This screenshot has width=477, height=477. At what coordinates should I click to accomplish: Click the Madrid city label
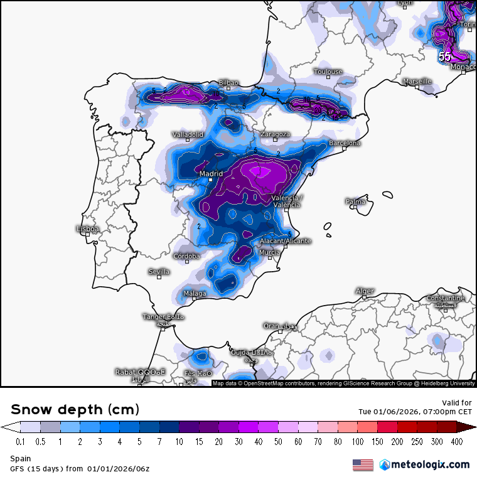pyautogui.click(x=211, y=174)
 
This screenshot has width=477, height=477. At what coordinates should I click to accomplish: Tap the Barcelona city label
pyautogui.click(x=345, y=143)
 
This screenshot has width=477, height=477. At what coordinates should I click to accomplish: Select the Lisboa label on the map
pyautogui.click(x=87, y=229)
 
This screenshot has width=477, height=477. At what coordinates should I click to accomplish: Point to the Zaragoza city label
pyautogui.click(x=275, y=134)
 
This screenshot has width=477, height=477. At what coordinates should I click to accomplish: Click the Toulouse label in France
pyautogui.click(x=328, y=72)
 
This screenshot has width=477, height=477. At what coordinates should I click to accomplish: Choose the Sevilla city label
pyautogui.click(x=159, y=272)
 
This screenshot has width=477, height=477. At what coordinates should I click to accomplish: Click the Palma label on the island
pyautogui.click(x=355, y=201)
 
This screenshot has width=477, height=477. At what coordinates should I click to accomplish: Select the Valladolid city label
pyautogui.click(x=188, y=134)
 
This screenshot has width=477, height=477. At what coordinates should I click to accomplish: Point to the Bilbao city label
pyautogui.click(x=228, y=83)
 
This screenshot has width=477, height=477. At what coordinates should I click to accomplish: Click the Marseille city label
pyautogui.click(x=417, y=82)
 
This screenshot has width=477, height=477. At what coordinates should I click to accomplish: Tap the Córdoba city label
pyautogui.click(x=187, y=256)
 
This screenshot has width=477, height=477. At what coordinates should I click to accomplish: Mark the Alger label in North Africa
pyautogui.click(x=365, y=291)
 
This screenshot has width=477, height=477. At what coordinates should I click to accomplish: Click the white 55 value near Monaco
pyautogui.click(x=444, y=56)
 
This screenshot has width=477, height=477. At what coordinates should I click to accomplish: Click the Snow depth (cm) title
pyautogui.click(x=75, y=409)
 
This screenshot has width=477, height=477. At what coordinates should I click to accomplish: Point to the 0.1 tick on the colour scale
pyautogui.click(x=21, y=441)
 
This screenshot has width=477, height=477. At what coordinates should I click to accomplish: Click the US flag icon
pyautogui.click(x=363, y=464)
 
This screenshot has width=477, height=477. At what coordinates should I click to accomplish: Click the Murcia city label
pyautogui.click(x=269, y=252)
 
